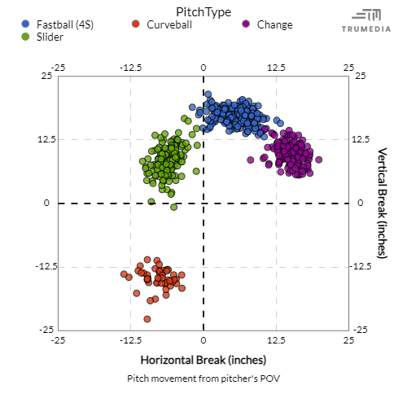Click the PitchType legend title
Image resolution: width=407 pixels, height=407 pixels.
click(x=203, y=11)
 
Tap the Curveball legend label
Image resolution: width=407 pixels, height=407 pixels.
click(x=169, y=24)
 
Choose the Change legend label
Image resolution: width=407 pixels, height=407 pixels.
click(x=274, y=24)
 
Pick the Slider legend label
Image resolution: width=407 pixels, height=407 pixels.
click(x=50, y=37)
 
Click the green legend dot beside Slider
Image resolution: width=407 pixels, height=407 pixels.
click(x=27, y=37)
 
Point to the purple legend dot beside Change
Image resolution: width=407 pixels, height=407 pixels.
click(x=247, y=24)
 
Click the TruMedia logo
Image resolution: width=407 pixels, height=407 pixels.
click(x=365, y=20)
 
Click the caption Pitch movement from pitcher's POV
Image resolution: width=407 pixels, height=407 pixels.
click(x=203, y=379)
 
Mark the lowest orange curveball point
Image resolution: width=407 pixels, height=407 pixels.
click(x=147, y=319)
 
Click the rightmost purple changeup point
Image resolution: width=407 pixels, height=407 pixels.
click(x=318, y=160)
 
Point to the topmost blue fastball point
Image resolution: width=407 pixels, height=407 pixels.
click(x=208, y=94)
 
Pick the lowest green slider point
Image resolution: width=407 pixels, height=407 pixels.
click(x=173, y=208)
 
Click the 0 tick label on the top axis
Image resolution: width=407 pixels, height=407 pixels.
click(x=203, y=67)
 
